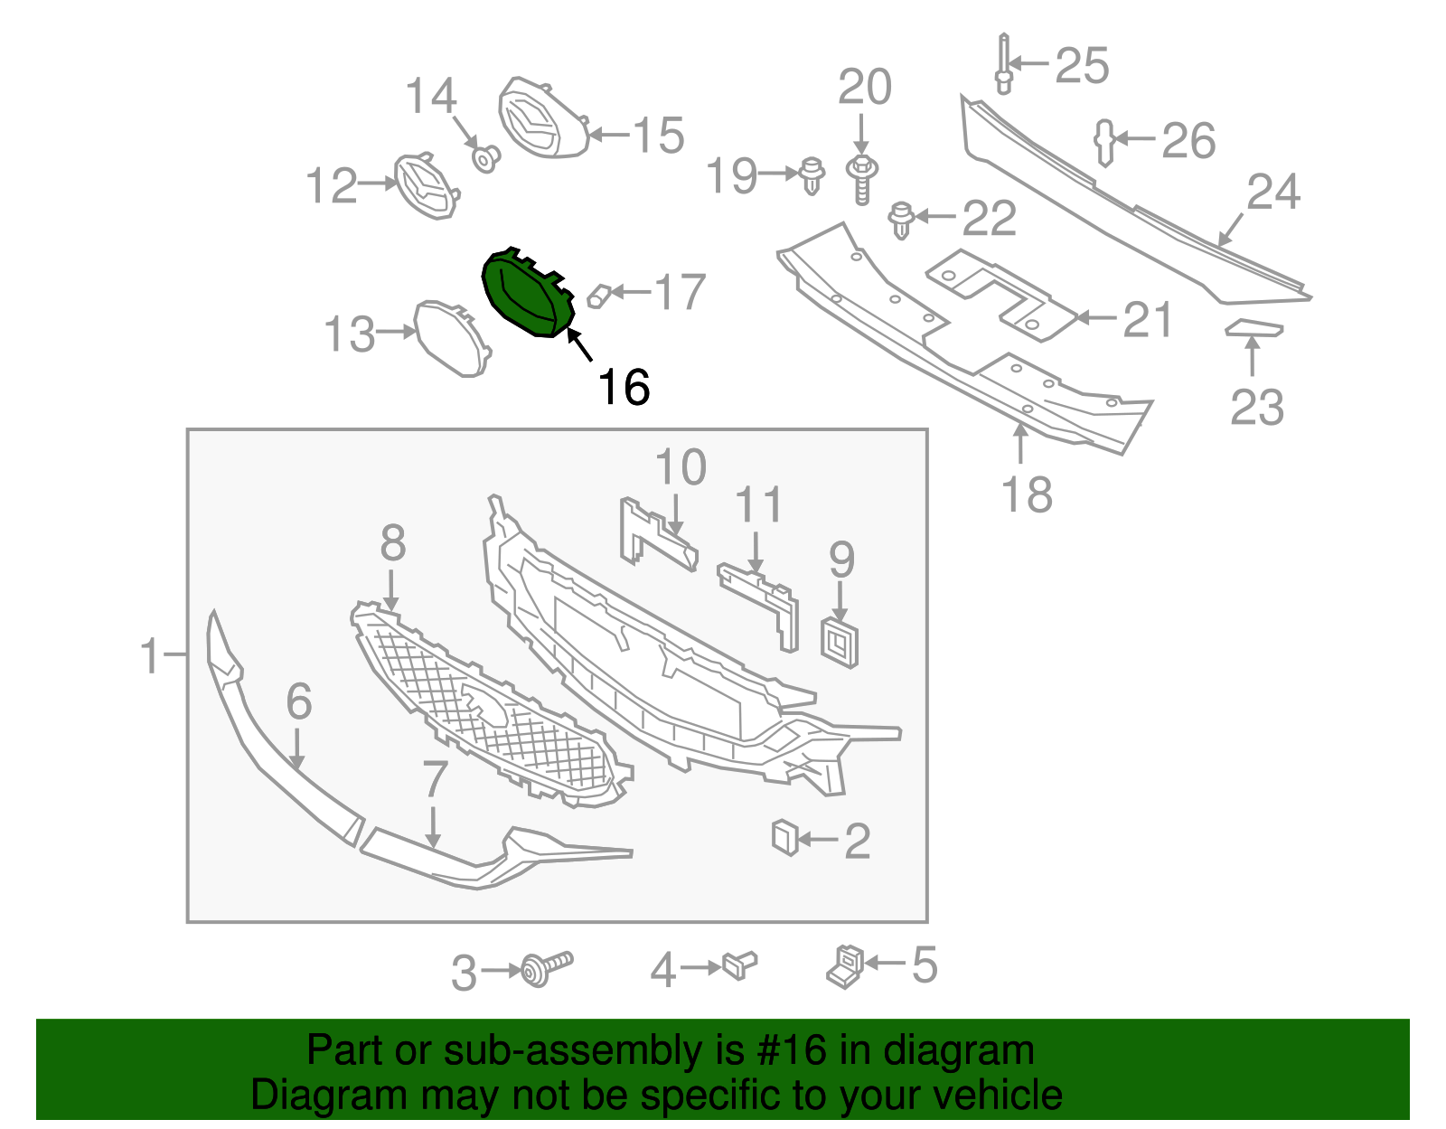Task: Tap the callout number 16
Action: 624,388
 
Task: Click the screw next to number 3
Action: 546,969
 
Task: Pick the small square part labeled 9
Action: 840,643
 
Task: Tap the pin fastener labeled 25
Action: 1004,63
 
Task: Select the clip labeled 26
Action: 1104,142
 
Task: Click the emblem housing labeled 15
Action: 542,118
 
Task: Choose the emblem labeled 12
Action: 425,186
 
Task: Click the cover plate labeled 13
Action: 452,337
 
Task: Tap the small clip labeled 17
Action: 600,296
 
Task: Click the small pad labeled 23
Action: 1254,328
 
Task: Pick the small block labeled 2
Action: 784,837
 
